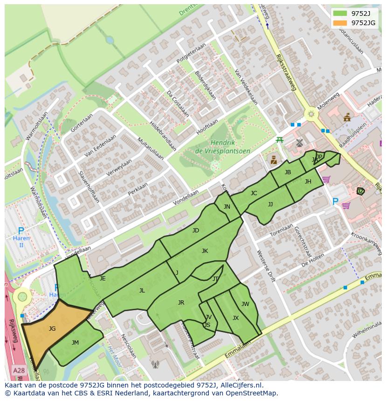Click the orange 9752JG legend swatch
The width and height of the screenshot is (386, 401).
point(340,23)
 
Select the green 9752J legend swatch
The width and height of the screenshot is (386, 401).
point(340,13)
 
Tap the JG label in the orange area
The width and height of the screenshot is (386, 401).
point(52,329)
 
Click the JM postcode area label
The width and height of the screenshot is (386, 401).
point(75,343)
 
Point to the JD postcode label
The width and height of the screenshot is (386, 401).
point(196,231)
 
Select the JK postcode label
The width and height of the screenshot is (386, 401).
point(205,251)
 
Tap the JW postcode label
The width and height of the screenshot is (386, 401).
point(245,304)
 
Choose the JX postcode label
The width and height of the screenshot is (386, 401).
point(235,318)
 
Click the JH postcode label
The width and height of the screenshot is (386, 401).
point(308,182)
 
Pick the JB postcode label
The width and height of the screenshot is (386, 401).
point(288,172)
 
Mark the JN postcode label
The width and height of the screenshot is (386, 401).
point(227,207)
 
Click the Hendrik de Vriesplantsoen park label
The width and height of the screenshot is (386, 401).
point(223,147)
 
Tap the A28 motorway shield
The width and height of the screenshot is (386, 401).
point(19,371)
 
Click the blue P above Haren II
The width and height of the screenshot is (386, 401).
point(21,231)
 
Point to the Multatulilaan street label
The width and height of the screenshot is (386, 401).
point(151,149)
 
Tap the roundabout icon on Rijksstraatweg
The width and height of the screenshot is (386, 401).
point(310,114)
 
